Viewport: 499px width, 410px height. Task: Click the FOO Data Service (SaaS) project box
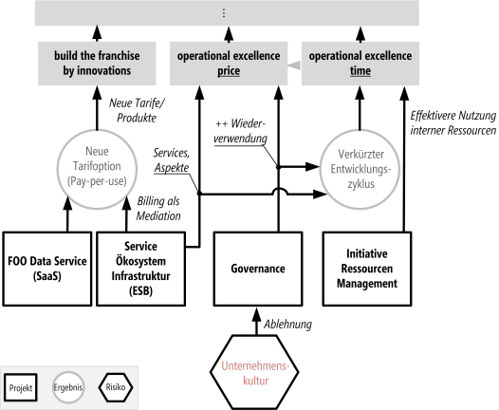[x=47, y=269]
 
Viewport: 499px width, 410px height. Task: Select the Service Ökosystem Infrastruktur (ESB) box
[x=140, y=269]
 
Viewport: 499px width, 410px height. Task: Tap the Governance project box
[x=258, y=269]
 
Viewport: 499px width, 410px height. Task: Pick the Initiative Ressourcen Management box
[x=367, y=269]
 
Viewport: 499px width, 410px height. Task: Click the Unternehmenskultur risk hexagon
[x=254, y=372]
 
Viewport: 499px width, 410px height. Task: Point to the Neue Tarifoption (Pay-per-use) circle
[x=97, y=169]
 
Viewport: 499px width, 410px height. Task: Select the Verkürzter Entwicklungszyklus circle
[x=360, y=169]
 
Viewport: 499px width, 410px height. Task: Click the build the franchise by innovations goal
[x=97, y=64]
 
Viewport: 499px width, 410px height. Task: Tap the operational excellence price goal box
[x=229, y=64]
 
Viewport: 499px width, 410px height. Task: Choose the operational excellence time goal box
[x=360, y=64]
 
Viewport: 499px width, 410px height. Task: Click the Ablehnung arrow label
[x=287, y=325]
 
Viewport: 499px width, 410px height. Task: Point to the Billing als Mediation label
[x=158, y=209]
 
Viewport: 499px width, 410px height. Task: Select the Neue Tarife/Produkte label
[x=137, y=110]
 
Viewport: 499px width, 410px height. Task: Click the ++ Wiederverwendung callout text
[x=240, y=131]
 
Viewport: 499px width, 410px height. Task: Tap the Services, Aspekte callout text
[x=172, y=160]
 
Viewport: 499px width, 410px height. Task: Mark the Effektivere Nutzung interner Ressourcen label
[x=453, y=122]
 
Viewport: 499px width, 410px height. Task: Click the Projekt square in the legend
[x=21, y=387]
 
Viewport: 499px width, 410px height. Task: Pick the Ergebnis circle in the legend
[x=68, y=387]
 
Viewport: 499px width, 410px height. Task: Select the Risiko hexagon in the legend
[x=116, y=387]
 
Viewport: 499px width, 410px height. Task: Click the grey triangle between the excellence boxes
[x=294, y=65]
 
